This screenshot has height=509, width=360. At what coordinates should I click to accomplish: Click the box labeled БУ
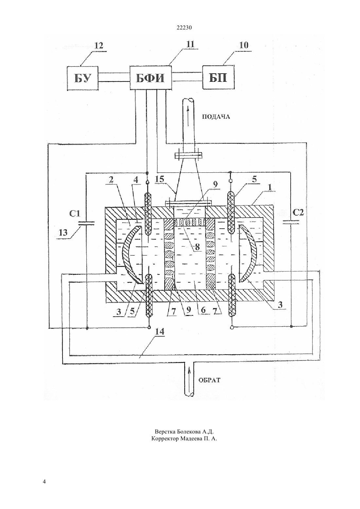point(83,78)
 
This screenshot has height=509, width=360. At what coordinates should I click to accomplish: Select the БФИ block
point(151,78)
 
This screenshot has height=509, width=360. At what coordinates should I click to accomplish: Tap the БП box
point(218,77)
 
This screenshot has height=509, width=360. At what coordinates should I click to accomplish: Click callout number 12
point(99,45)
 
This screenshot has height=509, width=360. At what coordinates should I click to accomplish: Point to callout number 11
point(190,44)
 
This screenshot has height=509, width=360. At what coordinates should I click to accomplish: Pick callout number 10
point(243,45)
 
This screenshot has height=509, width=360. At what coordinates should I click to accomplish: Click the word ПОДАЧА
point(216,117)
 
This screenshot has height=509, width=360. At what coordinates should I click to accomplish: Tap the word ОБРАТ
point(209,380)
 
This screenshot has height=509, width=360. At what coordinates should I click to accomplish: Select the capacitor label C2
point(298,212)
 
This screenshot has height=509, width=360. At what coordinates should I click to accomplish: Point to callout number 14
point(159,331)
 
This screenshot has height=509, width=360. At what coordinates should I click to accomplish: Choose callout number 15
point(159,179)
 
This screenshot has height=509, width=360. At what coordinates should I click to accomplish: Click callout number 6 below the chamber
point(203,310)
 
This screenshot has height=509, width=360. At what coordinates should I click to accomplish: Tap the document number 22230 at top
point(184,28)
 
